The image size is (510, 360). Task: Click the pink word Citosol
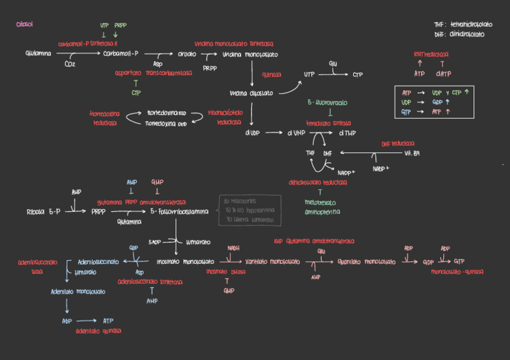pos(25,25)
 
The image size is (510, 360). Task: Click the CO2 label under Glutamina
pos(70,64)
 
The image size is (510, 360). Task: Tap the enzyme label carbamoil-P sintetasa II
pos(88,44)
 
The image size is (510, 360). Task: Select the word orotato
pos(187,54)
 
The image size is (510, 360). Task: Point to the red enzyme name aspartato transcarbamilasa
pos(153,73)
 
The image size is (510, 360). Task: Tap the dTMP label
pos(347,133)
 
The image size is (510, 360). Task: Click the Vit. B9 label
pos(411,153)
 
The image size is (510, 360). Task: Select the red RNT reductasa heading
pos(431,54)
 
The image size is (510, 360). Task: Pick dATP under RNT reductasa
pos(443,74)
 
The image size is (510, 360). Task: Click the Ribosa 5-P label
pos(43,212)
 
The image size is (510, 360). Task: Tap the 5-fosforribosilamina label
pos(179,212)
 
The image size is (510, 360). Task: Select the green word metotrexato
pos(321,203)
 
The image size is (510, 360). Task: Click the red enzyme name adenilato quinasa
pos(99,331)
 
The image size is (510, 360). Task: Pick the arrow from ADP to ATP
pos(85,321)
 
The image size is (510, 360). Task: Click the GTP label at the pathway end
pos(459,262)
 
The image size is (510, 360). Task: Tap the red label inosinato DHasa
pos(226,272)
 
